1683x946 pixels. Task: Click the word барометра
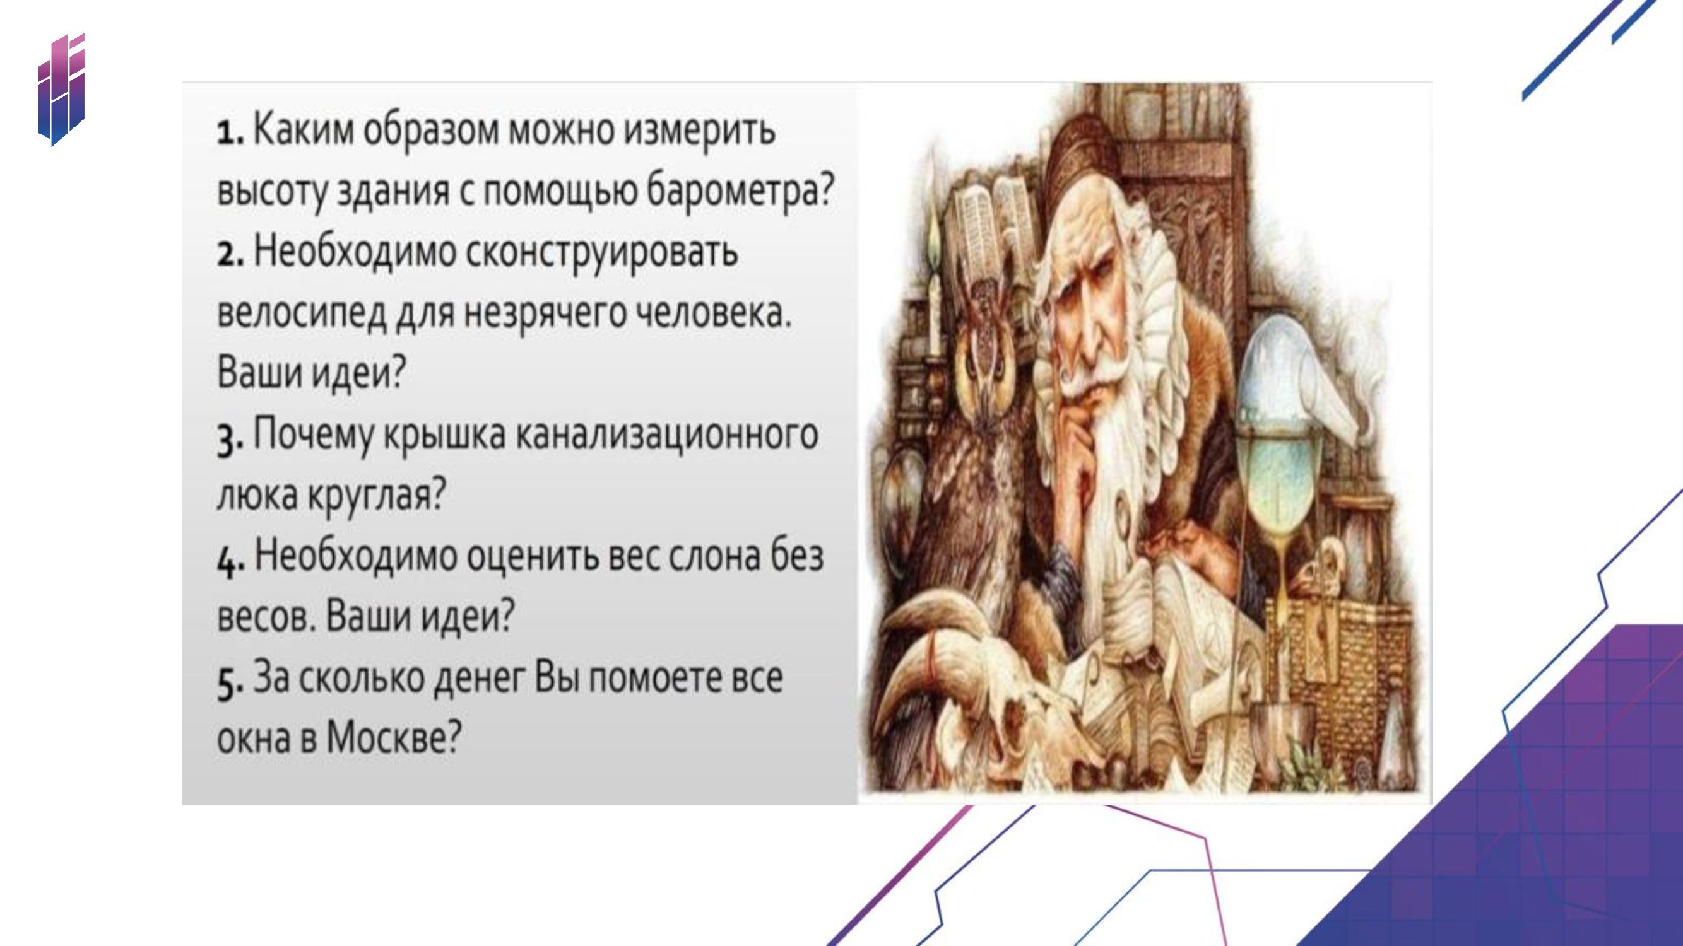(x=741, y=190)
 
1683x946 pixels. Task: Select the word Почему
(x=312, y=435)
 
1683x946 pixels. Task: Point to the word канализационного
(x=666, y=435)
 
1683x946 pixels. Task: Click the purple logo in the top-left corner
(x=61, y=89)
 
